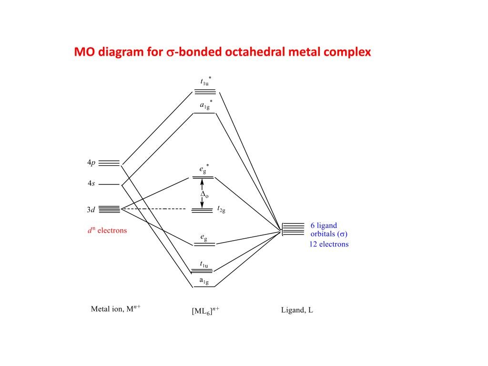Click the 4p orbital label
[91, 163]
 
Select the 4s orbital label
[91, 183]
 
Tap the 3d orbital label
[91, 210]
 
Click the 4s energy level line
[109, 184]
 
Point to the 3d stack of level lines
[109, 209]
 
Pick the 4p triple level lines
[109, 163]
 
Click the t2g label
[221, 209]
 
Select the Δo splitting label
[204, 194]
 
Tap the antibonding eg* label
[204, 169]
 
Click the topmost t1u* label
[206, 81]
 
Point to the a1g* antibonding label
[206, 105]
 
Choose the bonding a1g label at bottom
[204, 281]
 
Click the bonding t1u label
[204, 264]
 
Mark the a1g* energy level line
[204, 113]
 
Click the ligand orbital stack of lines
[293, 229]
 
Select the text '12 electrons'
[329, 244]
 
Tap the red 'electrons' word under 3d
[112, 231]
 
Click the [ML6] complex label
[205, 311]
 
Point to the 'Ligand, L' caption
[297, 310]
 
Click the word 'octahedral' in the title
[255, 51]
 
